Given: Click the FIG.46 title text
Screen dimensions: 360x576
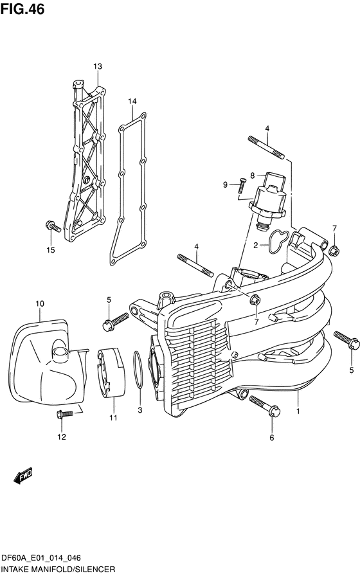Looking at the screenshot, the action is (22, 9).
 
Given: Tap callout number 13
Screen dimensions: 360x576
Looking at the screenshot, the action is (97, 66).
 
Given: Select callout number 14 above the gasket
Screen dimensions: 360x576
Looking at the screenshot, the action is (132, 101).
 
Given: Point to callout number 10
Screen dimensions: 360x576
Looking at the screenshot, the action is (40, 304).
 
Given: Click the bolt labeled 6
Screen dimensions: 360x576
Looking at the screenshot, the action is (264, 406).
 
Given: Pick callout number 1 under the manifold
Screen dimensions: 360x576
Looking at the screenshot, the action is (298, 411).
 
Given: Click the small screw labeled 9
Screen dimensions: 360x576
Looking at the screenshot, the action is (242, 186).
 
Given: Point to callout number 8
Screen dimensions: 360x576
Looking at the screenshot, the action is (253, 175).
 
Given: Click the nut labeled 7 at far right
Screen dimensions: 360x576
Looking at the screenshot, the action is (334, 251).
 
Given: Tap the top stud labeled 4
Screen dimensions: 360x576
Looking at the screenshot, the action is (266, 148).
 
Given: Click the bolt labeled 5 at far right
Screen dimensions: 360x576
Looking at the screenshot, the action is (346, 340).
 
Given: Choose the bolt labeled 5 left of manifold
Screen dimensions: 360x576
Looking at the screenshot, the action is (115, 321).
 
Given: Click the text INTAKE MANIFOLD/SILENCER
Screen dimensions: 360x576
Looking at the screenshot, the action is (58, 570).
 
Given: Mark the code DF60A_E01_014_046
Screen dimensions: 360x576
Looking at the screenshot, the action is (40, 559).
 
